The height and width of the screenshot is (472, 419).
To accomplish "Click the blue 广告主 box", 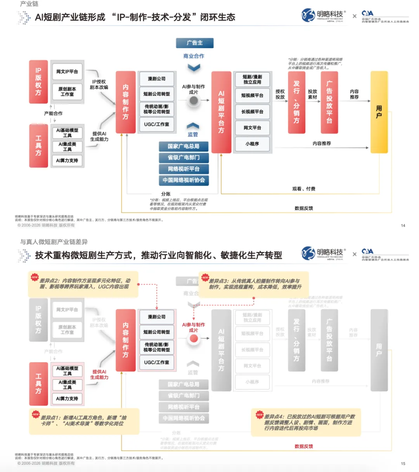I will click(195, 43).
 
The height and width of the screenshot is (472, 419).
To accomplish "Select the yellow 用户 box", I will click(379, 112).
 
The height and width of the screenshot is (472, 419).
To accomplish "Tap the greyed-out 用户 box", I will click(379, 350).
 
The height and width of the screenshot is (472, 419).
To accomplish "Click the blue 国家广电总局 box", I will click(184, 146).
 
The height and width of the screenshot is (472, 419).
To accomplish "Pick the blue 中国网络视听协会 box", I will click(184, 180).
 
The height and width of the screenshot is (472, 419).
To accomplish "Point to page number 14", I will click(403, 225).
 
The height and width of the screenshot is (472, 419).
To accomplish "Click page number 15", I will click(403, 463).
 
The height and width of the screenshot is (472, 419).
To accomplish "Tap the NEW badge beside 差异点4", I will click(260, 415).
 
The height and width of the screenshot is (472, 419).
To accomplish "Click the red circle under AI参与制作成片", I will click(194, 339).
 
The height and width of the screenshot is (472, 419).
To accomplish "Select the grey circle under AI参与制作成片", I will click(194, 101).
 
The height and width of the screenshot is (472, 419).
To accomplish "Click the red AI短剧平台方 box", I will click(221, 112).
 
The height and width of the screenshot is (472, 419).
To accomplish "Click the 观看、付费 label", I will click(303, 189).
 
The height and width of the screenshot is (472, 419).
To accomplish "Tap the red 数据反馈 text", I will click(303, 446).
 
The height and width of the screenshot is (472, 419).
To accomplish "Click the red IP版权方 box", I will click(38, 82).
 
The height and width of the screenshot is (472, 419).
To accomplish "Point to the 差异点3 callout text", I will click(255, 284).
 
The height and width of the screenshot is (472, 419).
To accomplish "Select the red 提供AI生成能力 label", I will click(99, 374).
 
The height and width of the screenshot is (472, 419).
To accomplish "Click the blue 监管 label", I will click(193, 135).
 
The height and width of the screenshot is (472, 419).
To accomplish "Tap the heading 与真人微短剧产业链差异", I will click(54, 242).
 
